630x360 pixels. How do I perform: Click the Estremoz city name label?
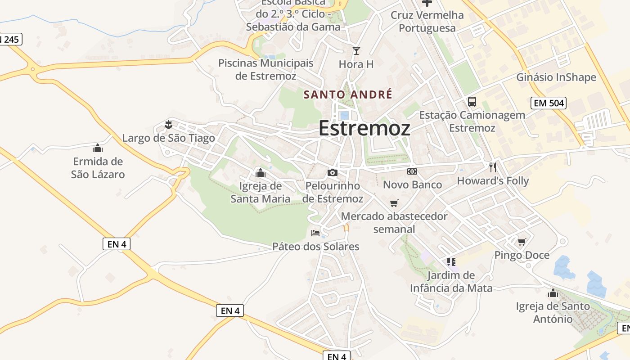(x=364, y=128)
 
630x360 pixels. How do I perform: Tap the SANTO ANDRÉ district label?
(x=348, y=94)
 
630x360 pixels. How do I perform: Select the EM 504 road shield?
(x=548, y=103)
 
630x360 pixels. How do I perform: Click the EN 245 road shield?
(x=10, y=40)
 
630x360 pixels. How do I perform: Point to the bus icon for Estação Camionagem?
(x=472, y=102)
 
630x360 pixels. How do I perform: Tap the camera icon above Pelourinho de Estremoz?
(x=332, y=172)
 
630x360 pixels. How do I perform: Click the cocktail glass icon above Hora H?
(x=356, y=51)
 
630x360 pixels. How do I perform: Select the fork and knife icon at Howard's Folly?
(x=493, y=167)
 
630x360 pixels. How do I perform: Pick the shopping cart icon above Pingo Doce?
(x=522, y=242)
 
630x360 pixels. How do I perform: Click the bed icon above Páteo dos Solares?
(x=315, y=233)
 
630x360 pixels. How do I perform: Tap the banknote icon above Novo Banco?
(x=412, y=171)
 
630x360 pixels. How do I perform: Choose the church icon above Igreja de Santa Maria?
(x=260, y=173)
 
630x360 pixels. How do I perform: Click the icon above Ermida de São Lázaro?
(x=98, y=148)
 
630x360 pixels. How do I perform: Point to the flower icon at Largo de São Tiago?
(x=169, y=124)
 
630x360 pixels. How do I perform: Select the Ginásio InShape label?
(x=556, y=77)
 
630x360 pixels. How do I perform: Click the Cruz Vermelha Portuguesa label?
(x=427, y=22)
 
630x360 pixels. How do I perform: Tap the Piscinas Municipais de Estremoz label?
(x=265, y=69)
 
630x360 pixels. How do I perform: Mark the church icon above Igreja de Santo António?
(x=553, y=293)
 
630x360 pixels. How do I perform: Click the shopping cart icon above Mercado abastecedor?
(x=394, y=203)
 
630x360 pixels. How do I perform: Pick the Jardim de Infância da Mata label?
(x=451, y=282)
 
